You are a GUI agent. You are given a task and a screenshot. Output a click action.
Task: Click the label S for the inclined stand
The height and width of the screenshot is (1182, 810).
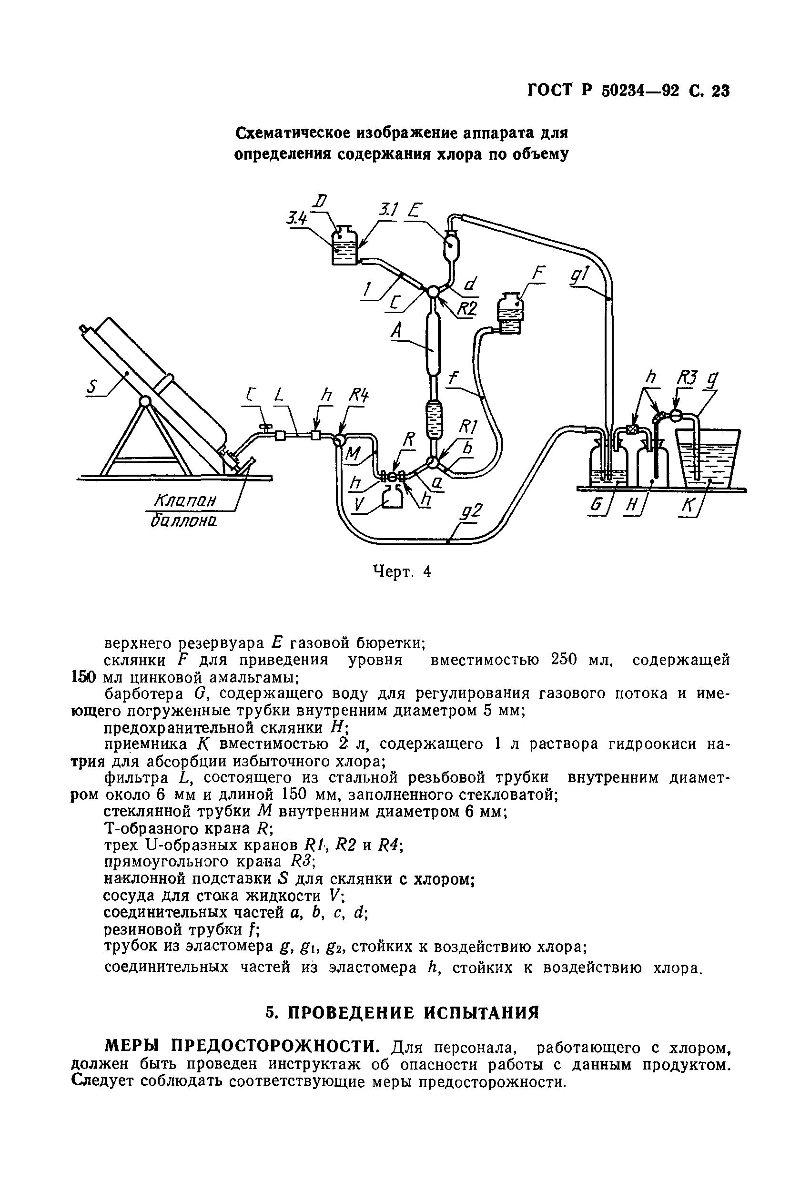(92, 388)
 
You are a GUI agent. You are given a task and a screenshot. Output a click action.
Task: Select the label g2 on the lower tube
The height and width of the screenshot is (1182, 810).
(471, 511)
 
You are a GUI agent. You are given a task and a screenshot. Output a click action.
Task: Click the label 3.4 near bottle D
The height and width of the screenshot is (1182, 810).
(297, 219)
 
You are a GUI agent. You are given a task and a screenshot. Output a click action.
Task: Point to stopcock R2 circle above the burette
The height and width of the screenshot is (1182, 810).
(433, 291)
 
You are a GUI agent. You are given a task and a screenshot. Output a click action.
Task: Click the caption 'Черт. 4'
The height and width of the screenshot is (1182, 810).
(402, 571)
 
